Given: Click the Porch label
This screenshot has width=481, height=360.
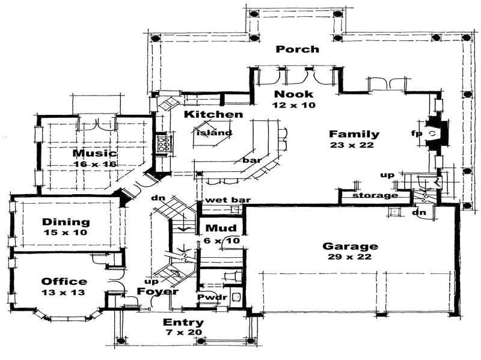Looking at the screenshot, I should point(297,49).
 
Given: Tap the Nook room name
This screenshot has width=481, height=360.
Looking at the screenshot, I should point(294,94).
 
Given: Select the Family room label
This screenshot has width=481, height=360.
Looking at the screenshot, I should point(354,134).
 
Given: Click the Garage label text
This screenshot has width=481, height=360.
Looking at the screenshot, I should point(350,246).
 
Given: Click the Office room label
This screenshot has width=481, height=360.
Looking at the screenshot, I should point(64,281).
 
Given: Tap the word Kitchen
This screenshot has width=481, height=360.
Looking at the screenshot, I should point(213,114).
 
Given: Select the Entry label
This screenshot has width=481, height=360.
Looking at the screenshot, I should point(184,323).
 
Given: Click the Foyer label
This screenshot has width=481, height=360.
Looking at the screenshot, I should point(158,291).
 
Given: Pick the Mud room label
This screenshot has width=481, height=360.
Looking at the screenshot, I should point(215,228).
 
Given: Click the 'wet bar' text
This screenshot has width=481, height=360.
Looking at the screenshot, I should point(219,200).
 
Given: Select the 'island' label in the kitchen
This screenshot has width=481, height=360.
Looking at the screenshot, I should point(213,133).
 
